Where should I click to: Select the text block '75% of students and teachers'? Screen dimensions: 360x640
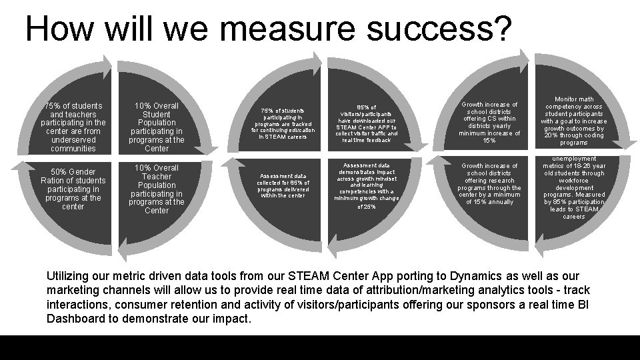(73, 127)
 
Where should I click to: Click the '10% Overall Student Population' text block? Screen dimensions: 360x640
(157, 127)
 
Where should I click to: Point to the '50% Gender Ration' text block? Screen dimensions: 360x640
(73, 189)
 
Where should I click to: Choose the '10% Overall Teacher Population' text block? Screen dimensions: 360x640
(157, 189)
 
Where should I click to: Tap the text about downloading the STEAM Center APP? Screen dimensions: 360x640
(367, 123)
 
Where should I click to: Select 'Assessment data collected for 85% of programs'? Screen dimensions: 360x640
(283, 186)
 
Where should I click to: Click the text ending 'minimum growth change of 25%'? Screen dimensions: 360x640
(366, 186)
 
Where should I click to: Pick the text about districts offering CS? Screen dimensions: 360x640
(489, 123)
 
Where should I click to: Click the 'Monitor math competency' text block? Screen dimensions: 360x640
(573, 121)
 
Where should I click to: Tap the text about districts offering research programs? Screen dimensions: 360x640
(489, 184)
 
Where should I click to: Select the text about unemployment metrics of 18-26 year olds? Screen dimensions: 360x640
(573, 187)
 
